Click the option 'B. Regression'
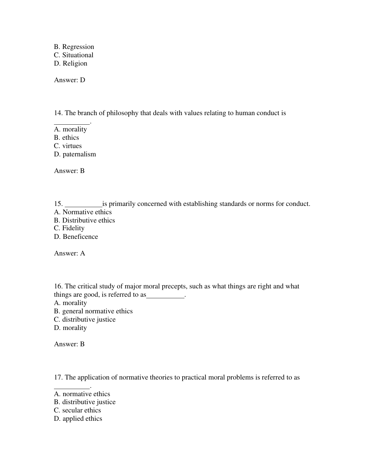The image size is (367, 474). (x=74, y=47)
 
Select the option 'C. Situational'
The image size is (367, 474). (x=74, y=55)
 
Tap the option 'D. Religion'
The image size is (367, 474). (x=71, y=63)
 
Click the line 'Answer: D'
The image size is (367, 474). (x=70, y=80)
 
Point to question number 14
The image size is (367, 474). (x=58, y=113)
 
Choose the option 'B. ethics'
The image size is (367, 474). (x=66, y=138)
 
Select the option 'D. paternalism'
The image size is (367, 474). (x=75, y=154)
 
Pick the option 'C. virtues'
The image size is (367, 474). (x=68, y=146)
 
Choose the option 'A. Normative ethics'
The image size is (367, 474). (x=83, y=212)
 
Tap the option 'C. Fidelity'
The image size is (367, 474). (x=69, y=228)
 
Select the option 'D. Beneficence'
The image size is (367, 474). (x=76, y=237)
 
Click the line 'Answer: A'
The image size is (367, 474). (x=70, y=253)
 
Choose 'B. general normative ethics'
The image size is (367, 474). (x=93, y=311)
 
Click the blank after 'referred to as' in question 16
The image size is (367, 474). (x=165, y=295)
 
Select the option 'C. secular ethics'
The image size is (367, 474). (x=77, y=410)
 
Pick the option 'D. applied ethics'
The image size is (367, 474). (x=78, y=419)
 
